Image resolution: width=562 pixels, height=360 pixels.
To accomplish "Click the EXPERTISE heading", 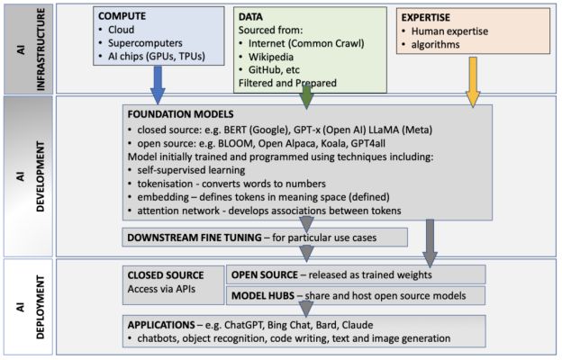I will (428, 16).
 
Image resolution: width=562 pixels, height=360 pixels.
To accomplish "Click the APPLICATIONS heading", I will (168, 321).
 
